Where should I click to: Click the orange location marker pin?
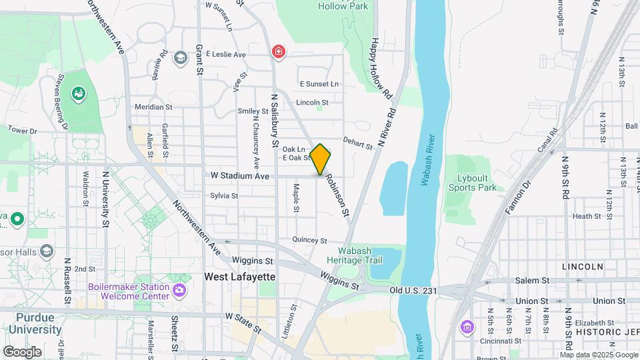(321, 159)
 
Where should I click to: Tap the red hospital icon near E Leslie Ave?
(278, 52)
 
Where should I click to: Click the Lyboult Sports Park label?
(478, 183)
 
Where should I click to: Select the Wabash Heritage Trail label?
(355, 255)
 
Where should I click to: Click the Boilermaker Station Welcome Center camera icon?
(179, 290)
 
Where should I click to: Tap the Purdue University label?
(35, 323)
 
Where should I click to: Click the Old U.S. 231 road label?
(413, 290)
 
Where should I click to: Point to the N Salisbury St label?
(274, 121)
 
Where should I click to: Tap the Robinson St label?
(337, 195)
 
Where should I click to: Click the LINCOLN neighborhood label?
(583, 266)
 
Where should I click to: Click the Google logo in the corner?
(22, 351)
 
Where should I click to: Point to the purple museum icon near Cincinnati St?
(467, 327)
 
